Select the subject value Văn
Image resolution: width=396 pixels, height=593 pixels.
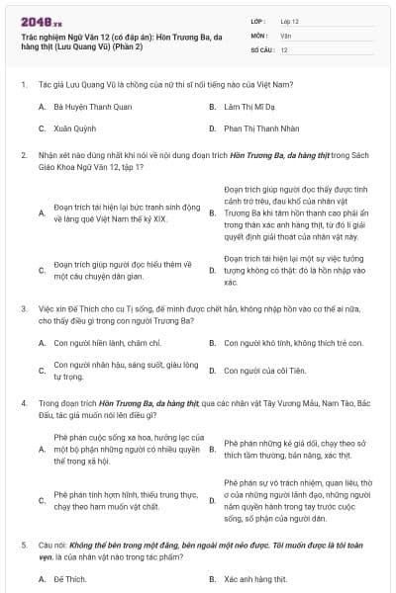286,35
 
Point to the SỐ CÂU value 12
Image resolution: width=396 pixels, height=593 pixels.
284,49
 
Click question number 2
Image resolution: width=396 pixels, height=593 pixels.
23,156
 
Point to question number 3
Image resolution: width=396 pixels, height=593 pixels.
23,308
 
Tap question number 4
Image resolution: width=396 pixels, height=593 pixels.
23,403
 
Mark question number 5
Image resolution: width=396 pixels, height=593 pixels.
23,545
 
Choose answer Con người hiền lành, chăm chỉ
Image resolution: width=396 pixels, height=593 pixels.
106,343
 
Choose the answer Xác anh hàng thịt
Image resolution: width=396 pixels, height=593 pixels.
256,577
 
